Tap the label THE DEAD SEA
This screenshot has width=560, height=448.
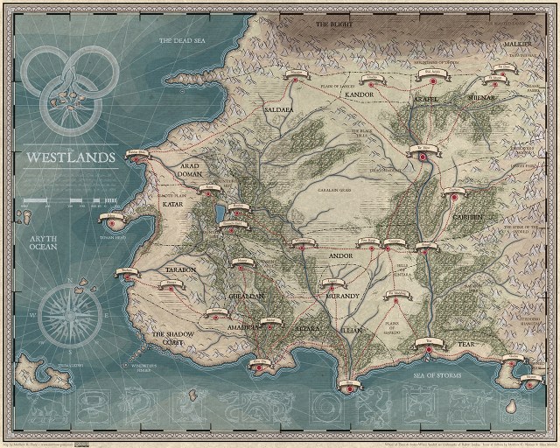180,41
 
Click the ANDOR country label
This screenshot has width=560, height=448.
339,256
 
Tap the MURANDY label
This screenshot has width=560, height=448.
340,297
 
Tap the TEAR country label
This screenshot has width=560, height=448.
466,345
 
